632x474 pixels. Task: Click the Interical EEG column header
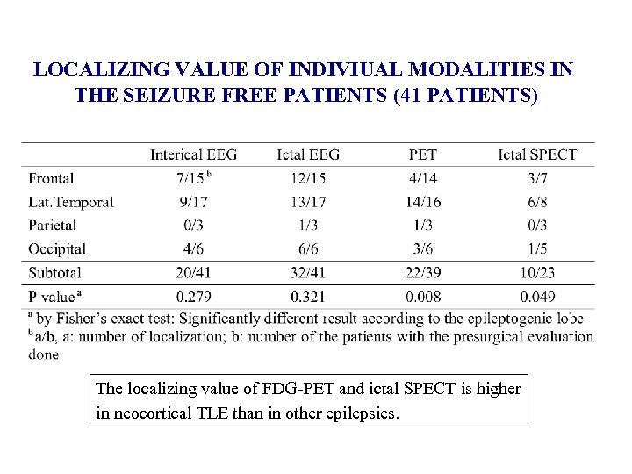pyautogui.click(x=193, y=154)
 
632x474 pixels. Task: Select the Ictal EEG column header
pyautogui.click(x=307, y=154)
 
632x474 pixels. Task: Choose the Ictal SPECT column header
pyautogui.click(x=537, y=154)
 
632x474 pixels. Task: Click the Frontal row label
pyautogui.click(x=51, y=178)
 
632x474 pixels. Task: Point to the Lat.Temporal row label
pyautogui.click(x=71, y=202)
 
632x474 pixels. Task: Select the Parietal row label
pyautogui.click(x=52, y=225)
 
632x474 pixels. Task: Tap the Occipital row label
pyautogui.click(x=57, y=249)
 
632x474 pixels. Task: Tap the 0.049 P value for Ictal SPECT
pyautogui.click(x=537, y=297)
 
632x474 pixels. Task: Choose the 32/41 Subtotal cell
pyautogui.click(x=307, y=273)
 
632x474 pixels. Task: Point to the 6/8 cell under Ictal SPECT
pyautogui.click(x=537, y=202)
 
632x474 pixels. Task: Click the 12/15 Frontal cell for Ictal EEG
pyautogui.click(x=307, y=178)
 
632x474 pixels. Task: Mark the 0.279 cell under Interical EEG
pyautogui.click(x=193, y=297)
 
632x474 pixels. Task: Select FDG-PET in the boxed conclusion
pyautogui.click(x=260, y=388)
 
